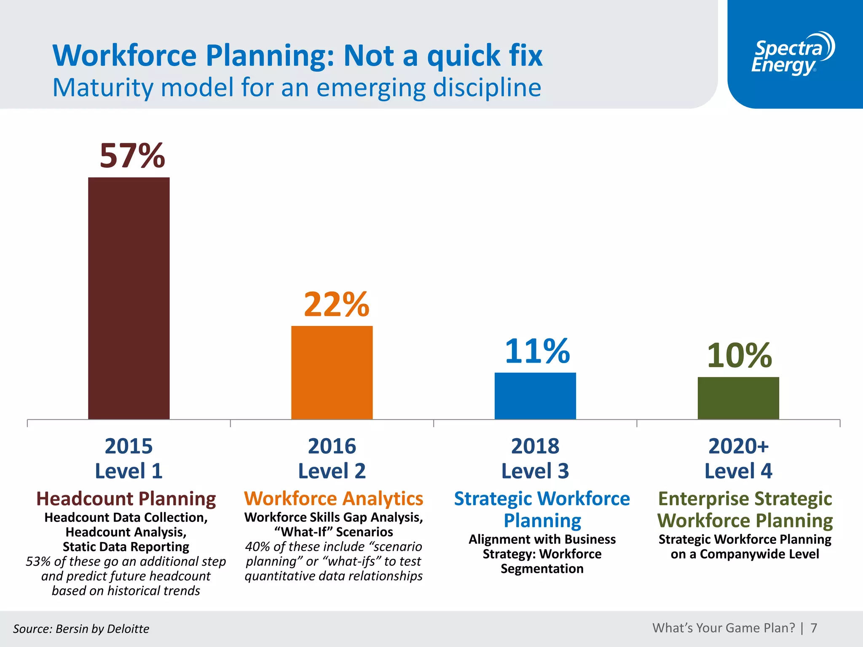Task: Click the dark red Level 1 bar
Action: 129,298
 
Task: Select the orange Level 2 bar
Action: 332,372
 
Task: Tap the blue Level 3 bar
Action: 535,396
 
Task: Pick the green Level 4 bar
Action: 738,398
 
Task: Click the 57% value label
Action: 132,156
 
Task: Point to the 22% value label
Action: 336,304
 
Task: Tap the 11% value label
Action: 537,351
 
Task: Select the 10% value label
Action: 739,355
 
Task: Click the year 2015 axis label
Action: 129,446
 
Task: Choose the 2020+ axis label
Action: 738,446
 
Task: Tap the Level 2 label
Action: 332,471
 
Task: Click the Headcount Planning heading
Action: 126,499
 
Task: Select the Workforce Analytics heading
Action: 333,499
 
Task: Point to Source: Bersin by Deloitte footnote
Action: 81,629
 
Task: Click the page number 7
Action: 814,628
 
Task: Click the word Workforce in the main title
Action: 125,56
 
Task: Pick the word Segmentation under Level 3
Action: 542,569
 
